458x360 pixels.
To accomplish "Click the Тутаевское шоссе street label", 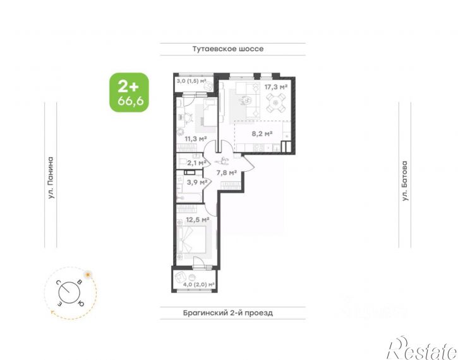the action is (228, 49).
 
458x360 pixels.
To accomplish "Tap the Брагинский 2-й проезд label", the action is (228, 313).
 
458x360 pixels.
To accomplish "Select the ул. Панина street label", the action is (51, 178).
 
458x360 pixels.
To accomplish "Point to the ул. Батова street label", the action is (404, 181).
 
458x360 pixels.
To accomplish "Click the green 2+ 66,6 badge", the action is (129, 92).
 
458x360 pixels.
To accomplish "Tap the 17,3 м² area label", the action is (276, 87).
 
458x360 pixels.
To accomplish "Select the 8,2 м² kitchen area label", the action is (262, 134).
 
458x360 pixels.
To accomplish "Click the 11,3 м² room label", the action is (196, 139).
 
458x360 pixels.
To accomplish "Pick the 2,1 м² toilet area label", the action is (197, 163).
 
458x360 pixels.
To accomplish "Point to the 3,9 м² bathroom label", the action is (197, 182).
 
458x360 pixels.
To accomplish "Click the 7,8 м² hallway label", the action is (226, 173).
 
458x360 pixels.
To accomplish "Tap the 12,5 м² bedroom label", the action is (198, 219).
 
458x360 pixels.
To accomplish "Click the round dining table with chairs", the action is (275, 103).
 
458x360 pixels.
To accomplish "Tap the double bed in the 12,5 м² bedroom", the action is (194, 239).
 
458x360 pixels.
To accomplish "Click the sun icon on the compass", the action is (87, 275).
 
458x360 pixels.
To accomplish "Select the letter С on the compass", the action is (59, 282).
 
